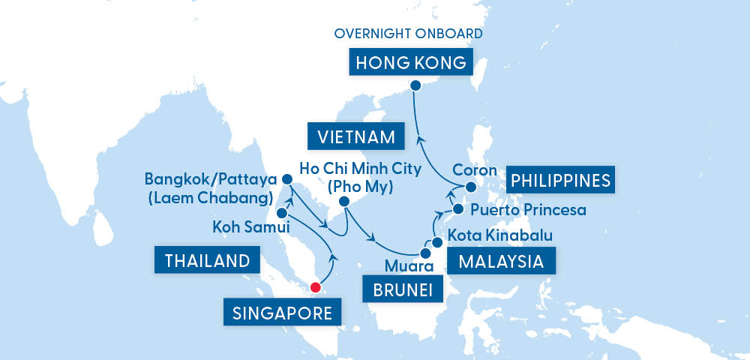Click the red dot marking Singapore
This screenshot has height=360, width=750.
pyautogui.click(x=316, y=286)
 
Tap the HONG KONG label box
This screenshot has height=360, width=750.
pyautogui.click(x=411, y=62)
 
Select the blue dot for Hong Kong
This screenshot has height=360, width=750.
pyautogui.click(x=417, y=85)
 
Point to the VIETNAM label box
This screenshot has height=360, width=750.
pyautogui.click(x=355, y=136)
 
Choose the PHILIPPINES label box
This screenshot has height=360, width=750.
pyautogui.click(x=559, y=180)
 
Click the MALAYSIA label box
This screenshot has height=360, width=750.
pyautogui.click(x=501, y=262)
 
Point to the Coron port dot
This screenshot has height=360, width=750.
pyautogui.click(x=470, y=187)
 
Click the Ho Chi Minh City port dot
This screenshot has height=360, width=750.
pyautogui.click(x=343, y=202)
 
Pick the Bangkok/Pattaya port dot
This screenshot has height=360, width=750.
pyautogui.click(x=286, y=180)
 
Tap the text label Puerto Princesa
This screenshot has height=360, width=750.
pyautogui.click(x=528, y=210)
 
